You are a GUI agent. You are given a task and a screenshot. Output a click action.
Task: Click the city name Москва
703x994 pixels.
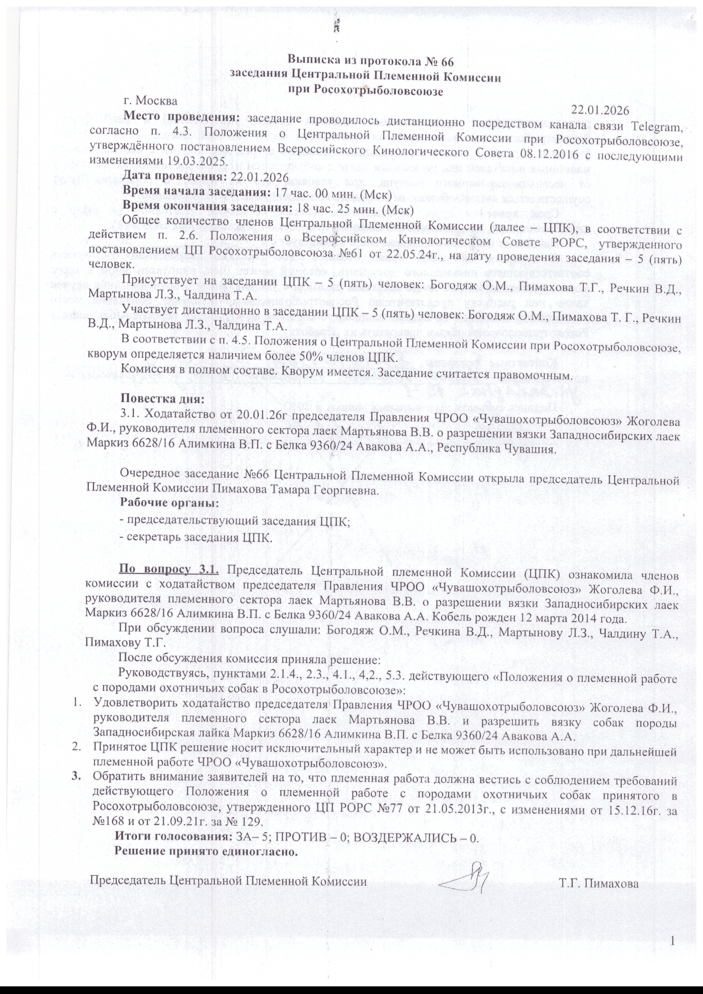tap(156, 101)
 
